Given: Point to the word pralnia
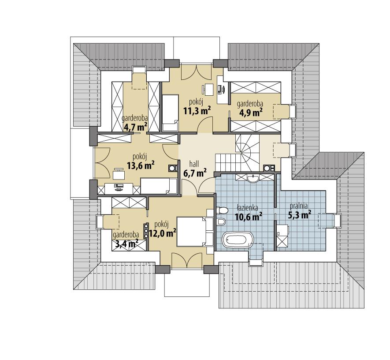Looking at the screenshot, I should tap(298, 206).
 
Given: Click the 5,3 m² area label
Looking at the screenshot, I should tap(300, 215).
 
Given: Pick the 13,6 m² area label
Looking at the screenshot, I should tap(141, 165).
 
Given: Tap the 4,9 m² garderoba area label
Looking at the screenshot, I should tap(250, 112).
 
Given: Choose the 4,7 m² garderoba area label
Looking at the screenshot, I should tap(135, 128).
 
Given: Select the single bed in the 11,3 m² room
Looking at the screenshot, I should tap(171, 112).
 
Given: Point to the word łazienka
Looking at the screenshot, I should tap(248, 206).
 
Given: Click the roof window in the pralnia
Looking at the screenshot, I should tap(338, 220).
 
